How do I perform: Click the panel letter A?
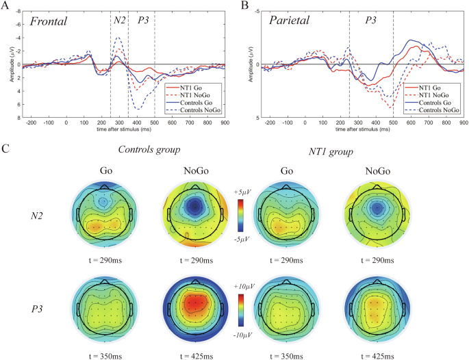click(5, 5)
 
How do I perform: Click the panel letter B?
click(242, 5)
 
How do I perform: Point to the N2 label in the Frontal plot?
click(119, 21)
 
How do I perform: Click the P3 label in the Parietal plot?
click(370, 21)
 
